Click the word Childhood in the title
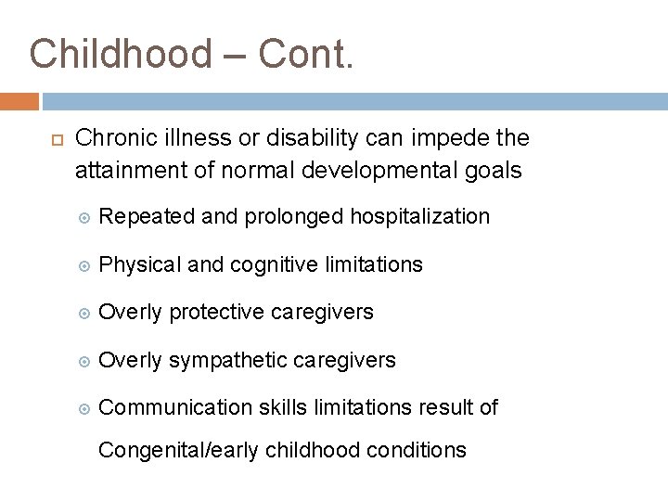click(121, 54)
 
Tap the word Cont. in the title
click(306, 54)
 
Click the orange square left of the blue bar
click(19, 100)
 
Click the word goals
click(489, 171)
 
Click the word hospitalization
click(419, 216)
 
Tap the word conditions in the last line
click(418, 450)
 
